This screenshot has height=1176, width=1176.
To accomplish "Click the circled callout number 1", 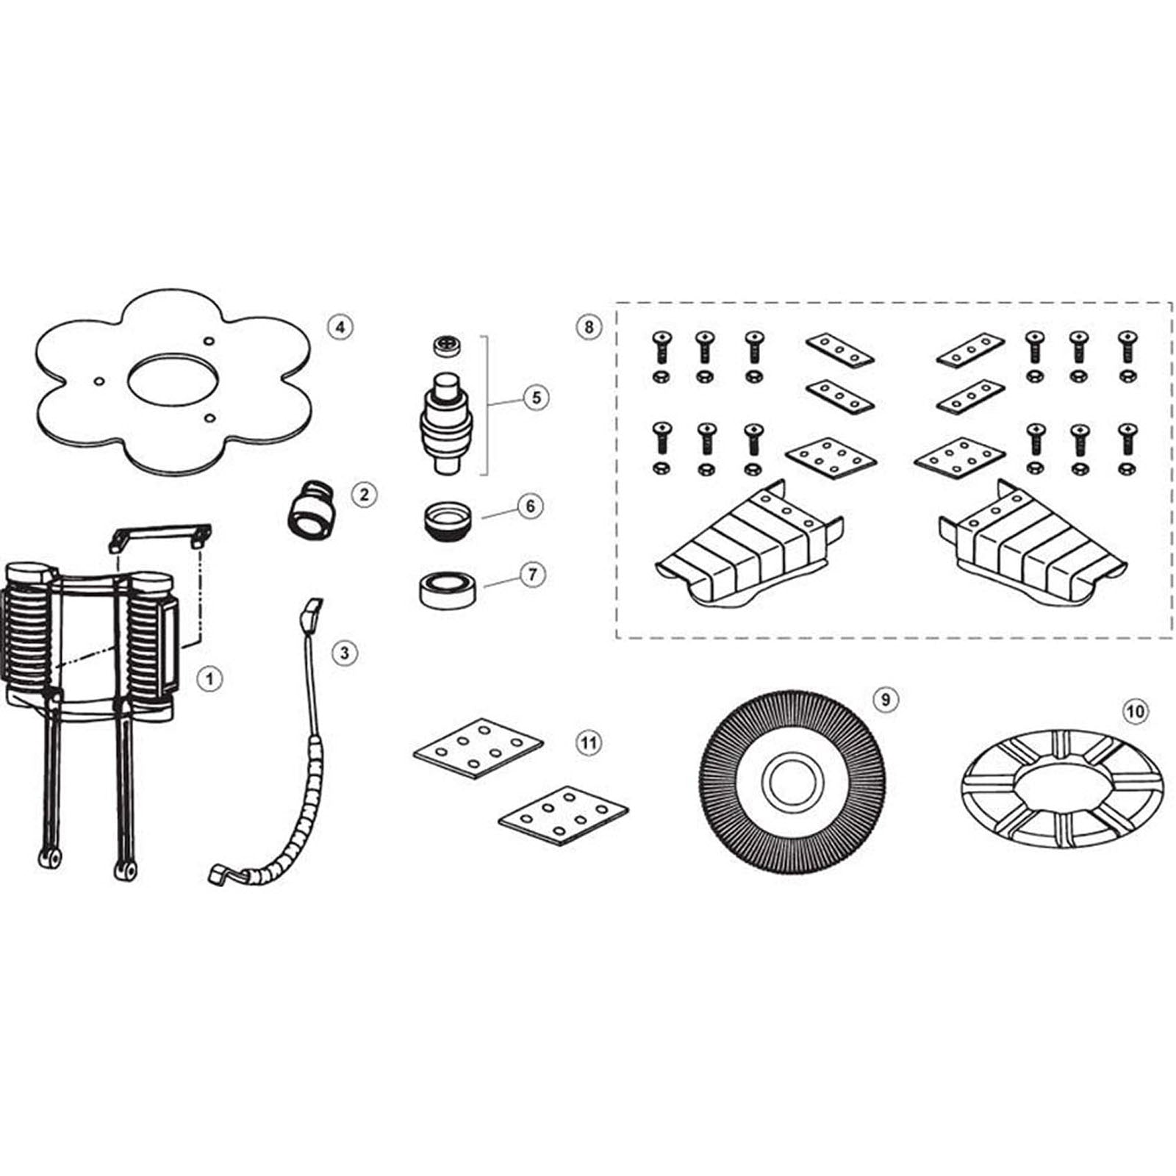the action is point(209,678).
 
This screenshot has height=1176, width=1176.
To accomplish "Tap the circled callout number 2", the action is point(364,495).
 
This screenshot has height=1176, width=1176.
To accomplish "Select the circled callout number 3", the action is point(345,653).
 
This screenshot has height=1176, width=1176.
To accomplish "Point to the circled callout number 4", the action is point(340,326).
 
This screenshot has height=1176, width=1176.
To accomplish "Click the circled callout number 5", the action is point(536,398).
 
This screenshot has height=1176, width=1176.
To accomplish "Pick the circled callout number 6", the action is point(531,506).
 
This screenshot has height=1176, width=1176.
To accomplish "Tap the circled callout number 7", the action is point(533,574).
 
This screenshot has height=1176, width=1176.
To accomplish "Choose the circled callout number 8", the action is point(589,326).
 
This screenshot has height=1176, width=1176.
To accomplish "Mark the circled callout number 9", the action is point(886,700).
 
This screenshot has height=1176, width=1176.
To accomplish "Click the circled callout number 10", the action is point(1135,711).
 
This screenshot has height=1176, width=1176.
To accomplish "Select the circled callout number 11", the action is point(588,743).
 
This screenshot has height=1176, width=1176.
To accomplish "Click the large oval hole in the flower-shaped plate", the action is point(171,380).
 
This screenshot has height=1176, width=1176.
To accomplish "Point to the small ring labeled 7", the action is point(448,591).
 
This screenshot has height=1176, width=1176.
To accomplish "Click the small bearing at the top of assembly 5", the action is point(446,345).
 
